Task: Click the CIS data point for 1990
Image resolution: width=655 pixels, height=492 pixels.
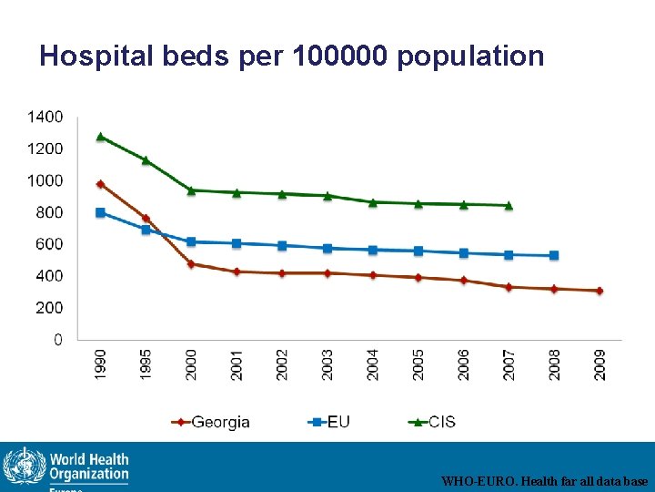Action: point(100,137)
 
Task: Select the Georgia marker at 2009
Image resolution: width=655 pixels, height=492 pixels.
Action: point(600,291)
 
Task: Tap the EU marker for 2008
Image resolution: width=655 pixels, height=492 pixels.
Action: point(554,256)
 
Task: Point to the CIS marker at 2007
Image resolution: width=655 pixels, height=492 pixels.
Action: point(509,205)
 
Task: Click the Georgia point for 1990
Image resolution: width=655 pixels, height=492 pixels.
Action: point(100,184)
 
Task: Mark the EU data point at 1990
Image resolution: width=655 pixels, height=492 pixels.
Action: point(100,213)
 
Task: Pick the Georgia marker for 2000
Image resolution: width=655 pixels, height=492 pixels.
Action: point(191,264)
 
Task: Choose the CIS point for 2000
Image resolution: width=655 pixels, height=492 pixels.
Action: point(191,190)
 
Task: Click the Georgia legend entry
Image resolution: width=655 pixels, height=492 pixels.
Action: point(210,422)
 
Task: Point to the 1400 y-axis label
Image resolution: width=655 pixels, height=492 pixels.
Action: point(45,117)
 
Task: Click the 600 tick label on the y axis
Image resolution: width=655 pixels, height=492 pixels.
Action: point(50,244)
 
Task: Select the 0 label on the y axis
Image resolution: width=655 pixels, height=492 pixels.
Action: point(58,340)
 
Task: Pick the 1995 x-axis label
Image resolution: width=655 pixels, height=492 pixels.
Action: point(146,364)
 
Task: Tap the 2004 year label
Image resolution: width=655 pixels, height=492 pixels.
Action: point(373,364)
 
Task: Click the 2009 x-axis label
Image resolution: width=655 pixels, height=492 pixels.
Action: point(600,364)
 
